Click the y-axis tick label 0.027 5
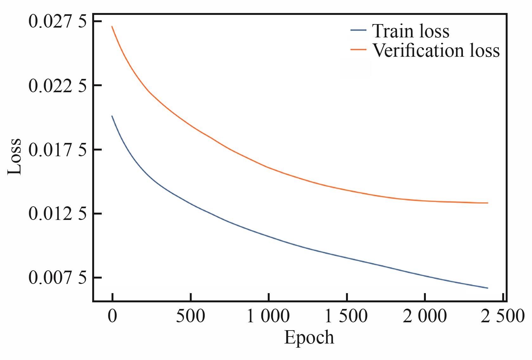point(57,22)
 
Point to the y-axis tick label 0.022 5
point(57,86)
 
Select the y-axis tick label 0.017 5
point(57,150)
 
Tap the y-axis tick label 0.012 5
point(57,214)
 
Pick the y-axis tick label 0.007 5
point(57,278)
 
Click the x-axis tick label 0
point(112,316)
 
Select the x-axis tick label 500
point(190,316)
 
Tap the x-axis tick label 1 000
point(268,316)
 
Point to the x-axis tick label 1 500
point(346,316)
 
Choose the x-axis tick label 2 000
point(425,316)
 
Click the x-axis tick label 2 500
point(503,316)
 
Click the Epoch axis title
point(309,338)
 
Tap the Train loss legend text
point(411,31)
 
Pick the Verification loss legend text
point(436,50)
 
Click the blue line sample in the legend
point(358,30)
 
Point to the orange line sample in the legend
point(358,49)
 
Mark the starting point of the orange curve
point(112,27)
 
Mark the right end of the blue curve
point(488,288)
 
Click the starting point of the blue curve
point(112,116)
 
